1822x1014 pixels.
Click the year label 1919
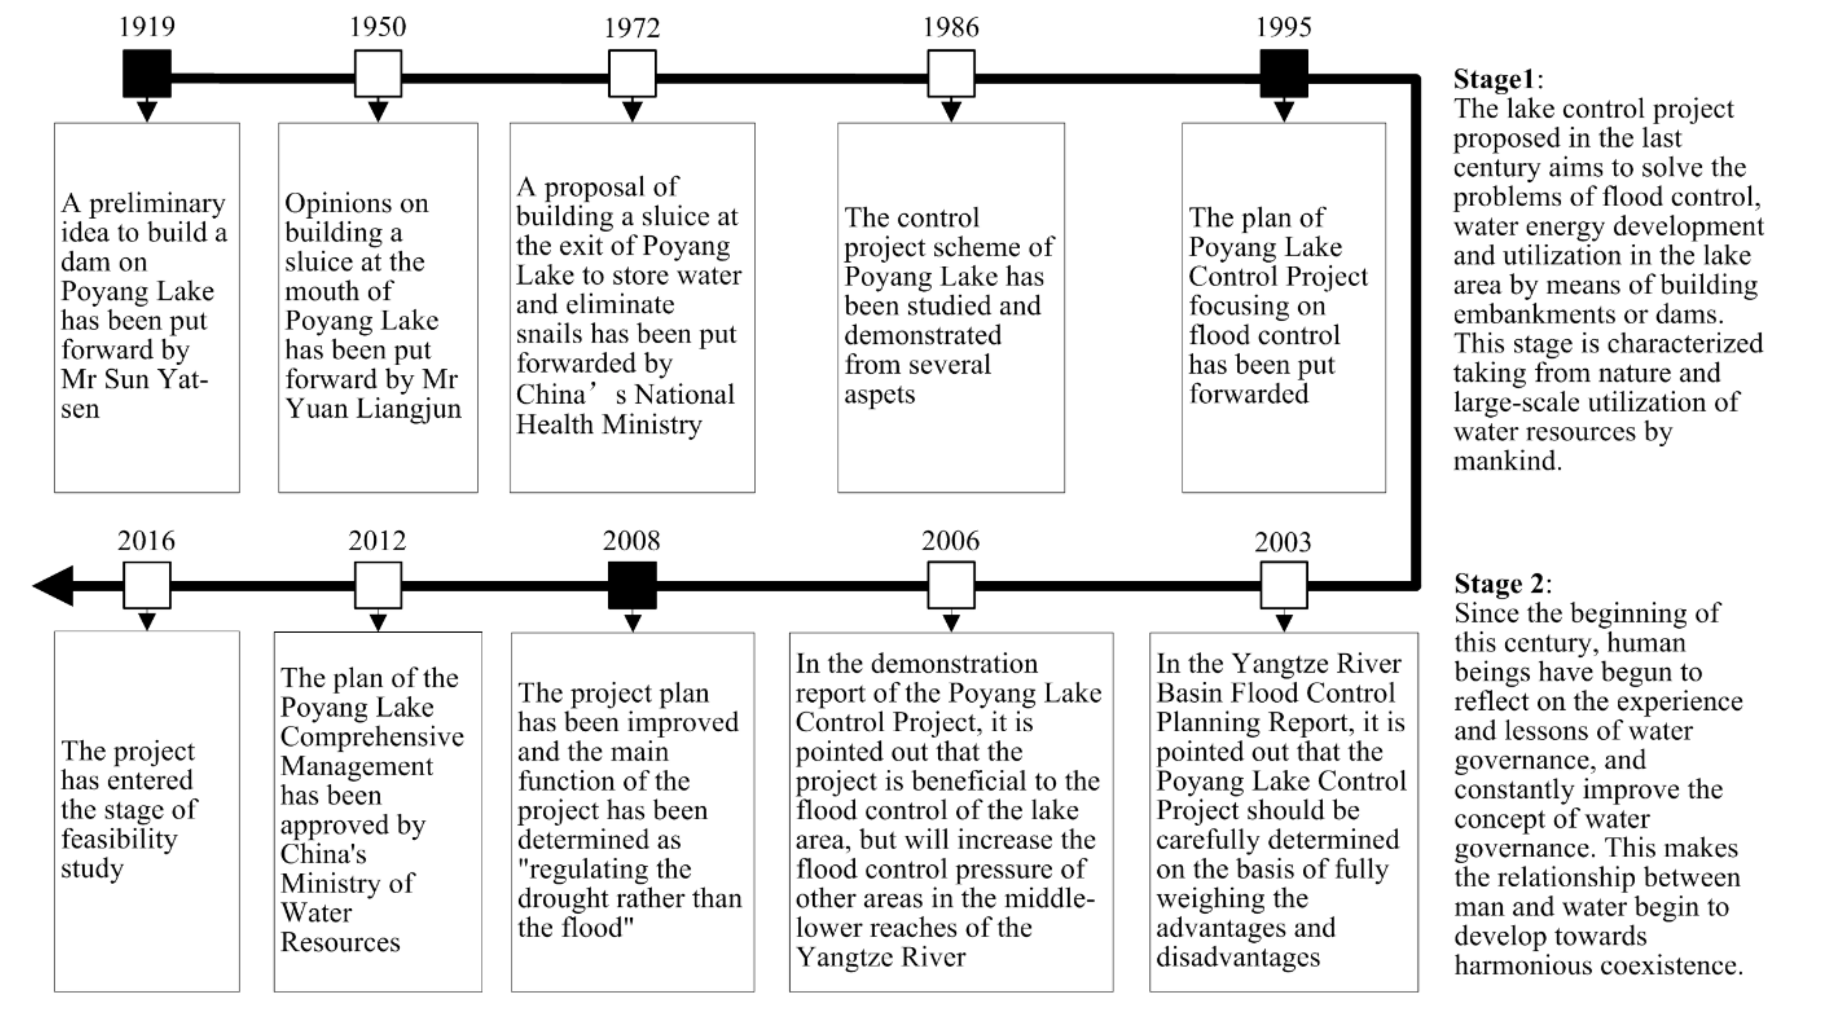coord(146,27)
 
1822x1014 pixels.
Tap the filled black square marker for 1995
coord(1283,74)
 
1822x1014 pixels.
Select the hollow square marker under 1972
coord(632,74)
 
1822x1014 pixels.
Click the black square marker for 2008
coord(632,585)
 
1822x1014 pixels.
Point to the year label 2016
coord(146,541)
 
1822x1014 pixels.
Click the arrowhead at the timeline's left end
coord(54,585)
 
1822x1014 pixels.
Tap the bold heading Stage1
coord(1493,79)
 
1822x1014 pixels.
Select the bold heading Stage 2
coord(1499,584)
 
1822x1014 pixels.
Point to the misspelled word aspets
coord(879,394)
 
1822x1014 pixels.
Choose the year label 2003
coord(1282,542)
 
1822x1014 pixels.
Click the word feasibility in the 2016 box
coord(119,839)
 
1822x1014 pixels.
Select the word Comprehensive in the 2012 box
coord(372,737)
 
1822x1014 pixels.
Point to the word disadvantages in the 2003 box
coord(1238,957)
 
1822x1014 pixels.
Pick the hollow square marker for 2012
coord(378,585)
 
